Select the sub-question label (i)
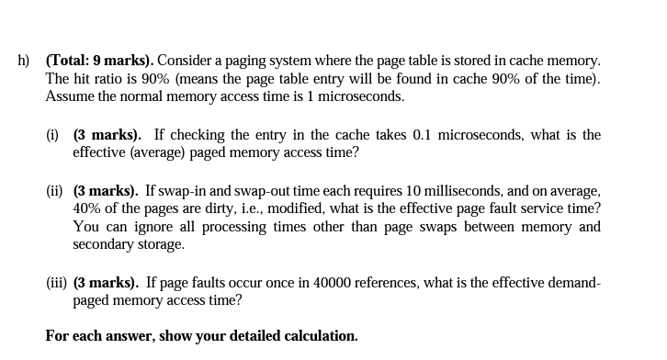coord(54,135)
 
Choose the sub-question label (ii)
coord(55,191)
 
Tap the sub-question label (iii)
coord(57,283)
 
